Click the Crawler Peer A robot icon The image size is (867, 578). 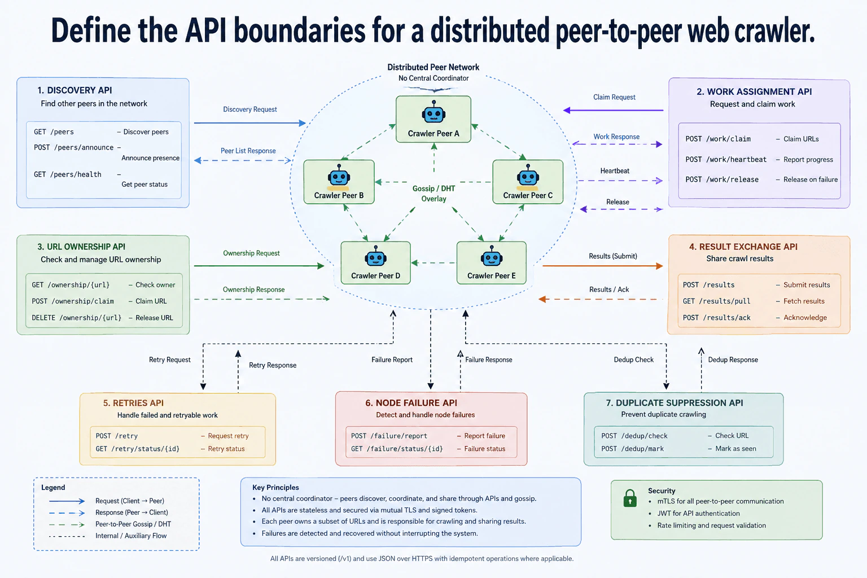[433, 112]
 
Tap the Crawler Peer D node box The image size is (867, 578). [375, 263]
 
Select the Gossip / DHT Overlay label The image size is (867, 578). [433, 194]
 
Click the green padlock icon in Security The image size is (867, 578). [630, 498]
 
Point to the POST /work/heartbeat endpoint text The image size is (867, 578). [726, 160]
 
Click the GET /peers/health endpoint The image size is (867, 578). [68, 174]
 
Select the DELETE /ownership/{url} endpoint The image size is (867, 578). [77, 318]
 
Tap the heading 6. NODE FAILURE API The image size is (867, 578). [411, 402]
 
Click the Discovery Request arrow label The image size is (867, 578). [249, 110]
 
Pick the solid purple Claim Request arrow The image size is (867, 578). [613, 110]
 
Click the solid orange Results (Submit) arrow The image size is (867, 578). [603, 266]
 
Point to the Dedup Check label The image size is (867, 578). [634, 360]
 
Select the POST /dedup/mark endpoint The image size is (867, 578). [632, 449]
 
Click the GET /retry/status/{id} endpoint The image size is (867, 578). [137, 449]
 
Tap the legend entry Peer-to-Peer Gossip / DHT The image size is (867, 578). [133, 524]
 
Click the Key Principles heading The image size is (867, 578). [275, 488]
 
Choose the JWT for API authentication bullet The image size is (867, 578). [698, 513]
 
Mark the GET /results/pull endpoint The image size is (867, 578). [716, 301]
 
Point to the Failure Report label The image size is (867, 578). [392, 360]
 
